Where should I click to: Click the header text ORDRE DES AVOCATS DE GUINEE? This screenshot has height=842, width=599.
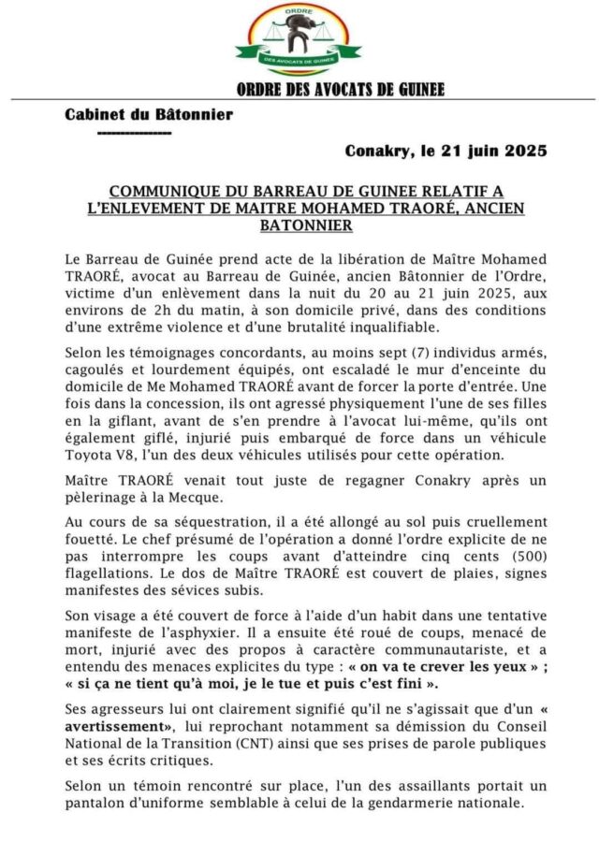pyautogui.click(x=341, y=90)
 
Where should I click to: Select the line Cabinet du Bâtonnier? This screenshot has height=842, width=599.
pyautogui.click(x=149, y=115)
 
